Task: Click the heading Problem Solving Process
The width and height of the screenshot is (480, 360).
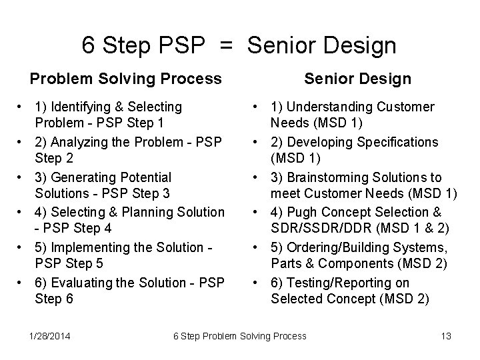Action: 126,79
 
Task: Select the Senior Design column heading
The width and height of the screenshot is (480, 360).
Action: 357,79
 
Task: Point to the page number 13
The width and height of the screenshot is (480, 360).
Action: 446,336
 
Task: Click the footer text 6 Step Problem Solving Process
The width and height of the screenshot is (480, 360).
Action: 239,336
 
